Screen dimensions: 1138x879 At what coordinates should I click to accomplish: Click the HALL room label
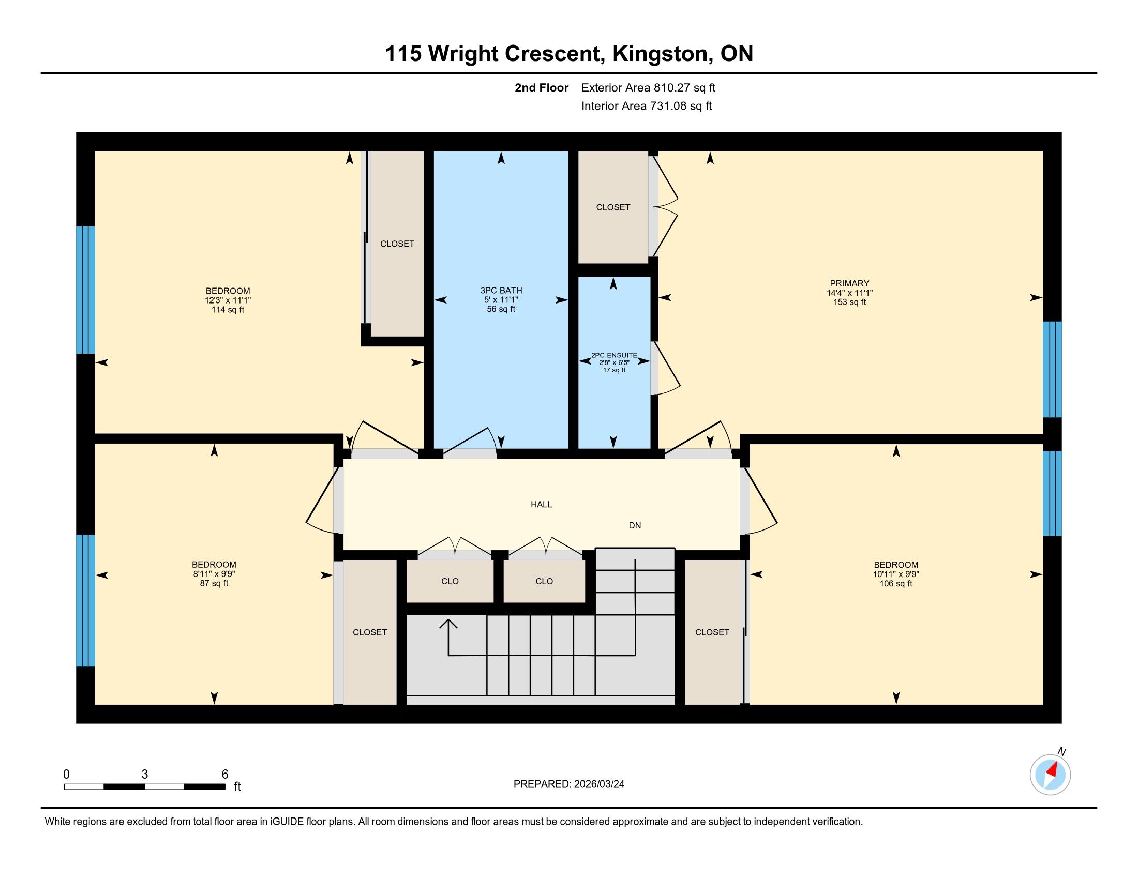(x=541, y=504)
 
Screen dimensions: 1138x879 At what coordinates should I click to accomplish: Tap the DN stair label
(x=635, y=525)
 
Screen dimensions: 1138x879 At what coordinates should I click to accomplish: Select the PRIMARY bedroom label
(x=849, y=283)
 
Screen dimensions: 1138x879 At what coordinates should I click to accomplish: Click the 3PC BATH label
(x=501, y=291)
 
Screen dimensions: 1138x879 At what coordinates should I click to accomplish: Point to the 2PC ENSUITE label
(x=614, y=355)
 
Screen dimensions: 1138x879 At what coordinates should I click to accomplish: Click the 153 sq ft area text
(x=849, y=302)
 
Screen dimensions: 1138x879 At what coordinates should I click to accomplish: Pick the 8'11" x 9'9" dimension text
(x=214, y=574)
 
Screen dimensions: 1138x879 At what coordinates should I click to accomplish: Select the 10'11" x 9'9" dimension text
(x=896, y=574)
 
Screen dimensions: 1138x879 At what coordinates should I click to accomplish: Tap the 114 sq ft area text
(x=228, y=310)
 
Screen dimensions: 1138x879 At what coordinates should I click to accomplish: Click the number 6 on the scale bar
(x=225, y=775)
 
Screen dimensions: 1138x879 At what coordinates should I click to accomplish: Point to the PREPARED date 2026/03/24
(x=598, y=784)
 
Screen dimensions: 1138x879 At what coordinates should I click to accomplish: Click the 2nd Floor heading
(x=542, y=87)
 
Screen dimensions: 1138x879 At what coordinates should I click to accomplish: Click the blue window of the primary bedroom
(x=1052, y=369)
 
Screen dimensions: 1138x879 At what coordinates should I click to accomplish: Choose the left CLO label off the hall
(x=450, y=581)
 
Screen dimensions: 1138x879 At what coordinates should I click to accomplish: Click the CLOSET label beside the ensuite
(x=613, y=207)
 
